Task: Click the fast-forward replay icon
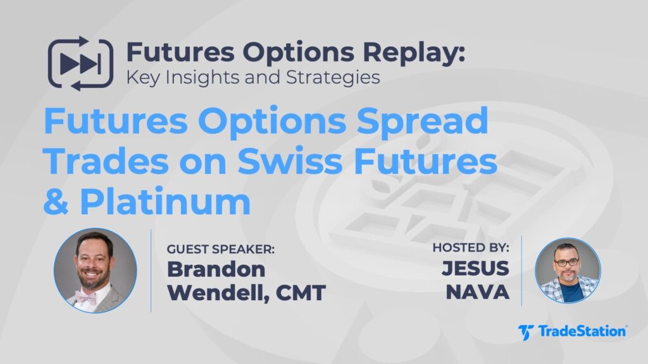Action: [x=80, y=64]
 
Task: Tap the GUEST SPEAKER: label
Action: [x=220, y=249]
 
